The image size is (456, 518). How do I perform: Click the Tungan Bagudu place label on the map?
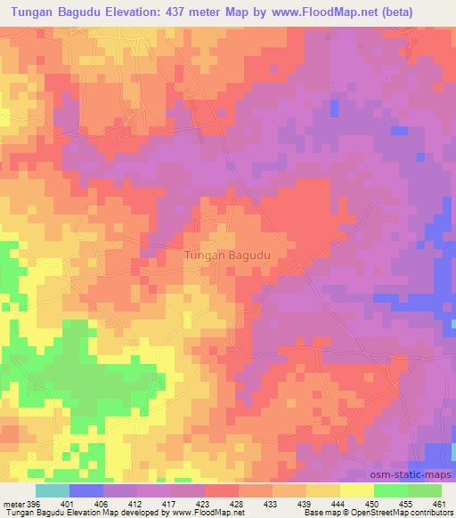click(x=228, y=255)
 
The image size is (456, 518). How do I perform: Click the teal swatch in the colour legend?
click(x=52, y=491)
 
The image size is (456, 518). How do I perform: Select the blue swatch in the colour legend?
click(x=86, y=491)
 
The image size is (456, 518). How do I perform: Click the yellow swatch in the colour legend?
click(x=356, y=491)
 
